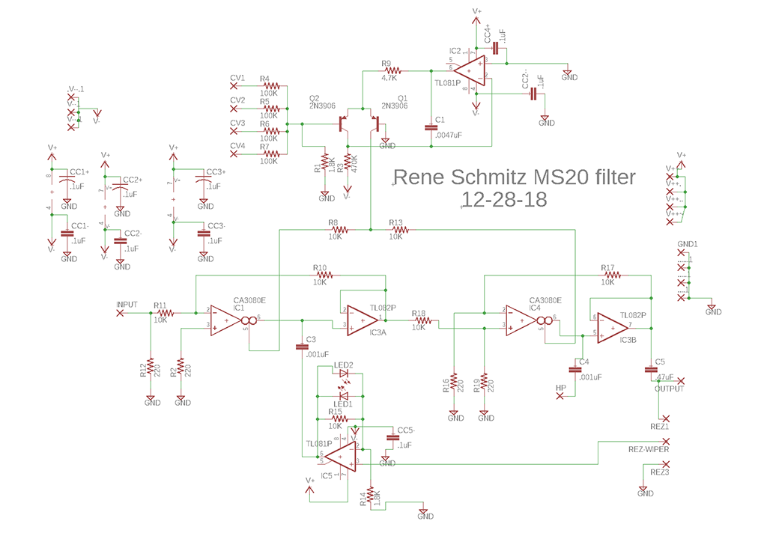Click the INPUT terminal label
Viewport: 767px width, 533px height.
pos(127,304)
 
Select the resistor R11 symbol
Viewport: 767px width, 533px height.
pos(166,314)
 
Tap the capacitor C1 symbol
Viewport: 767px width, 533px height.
pos(430,127)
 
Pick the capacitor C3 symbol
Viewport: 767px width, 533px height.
pos(303,347)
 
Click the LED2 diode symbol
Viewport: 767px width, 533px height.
pos(344,373)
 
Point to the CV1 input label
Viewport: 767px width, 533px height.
pos(237,77)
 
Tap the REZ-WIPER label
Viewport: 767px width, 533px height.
pos(648,449)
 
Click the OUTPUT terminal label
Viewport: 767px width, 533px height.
pos(669,389)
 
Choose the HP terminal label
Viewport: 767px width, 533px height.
pos(560,387)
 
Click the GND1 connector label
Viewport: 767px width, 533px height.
pos(687,244)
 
